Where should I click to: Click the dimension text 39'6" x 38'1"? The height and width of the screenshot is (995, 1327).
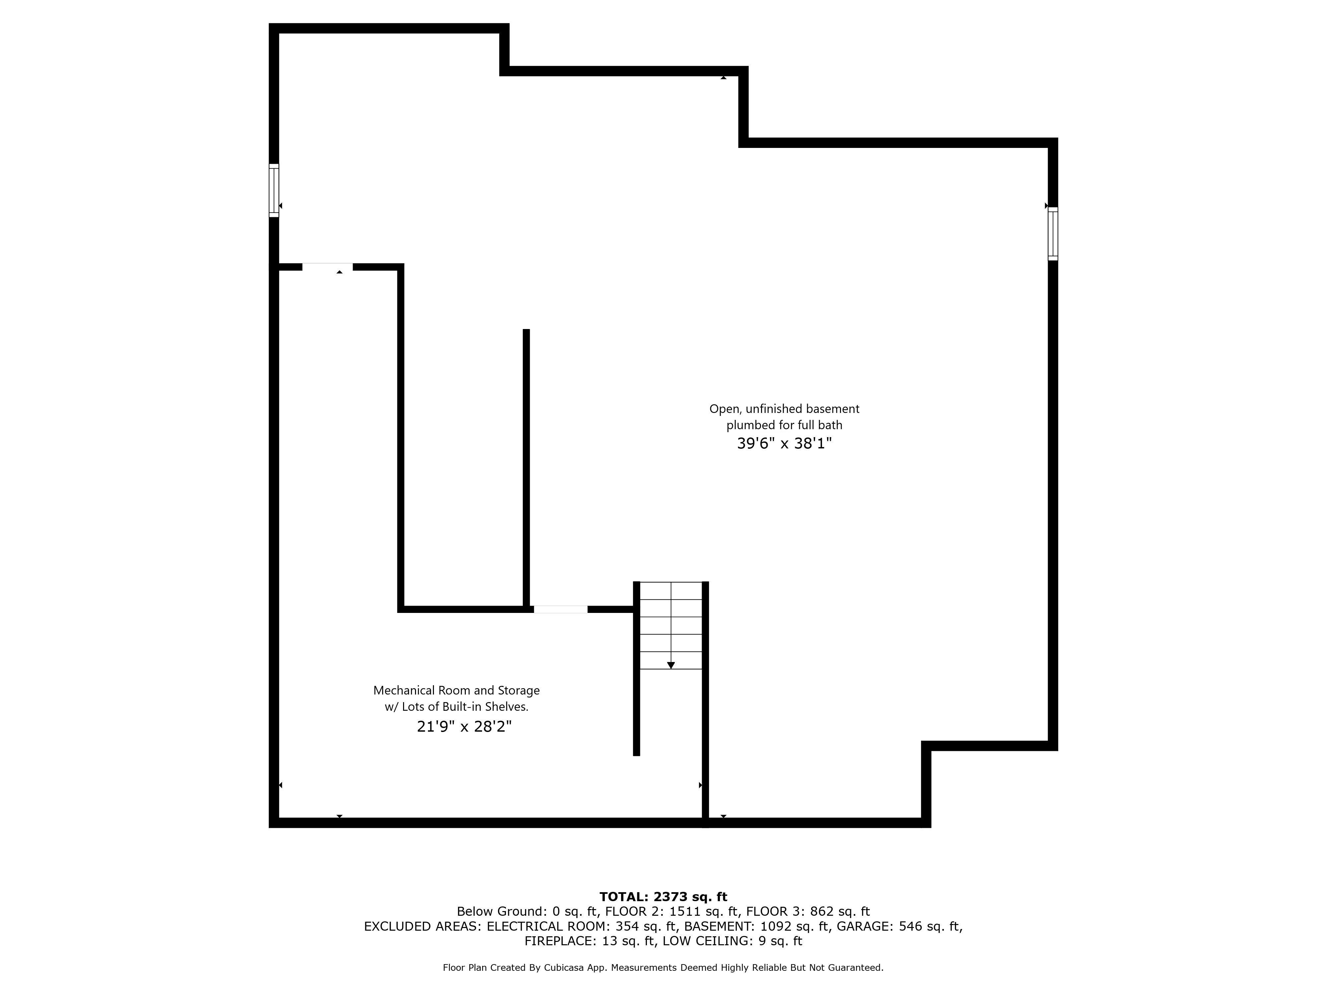coord(784,444)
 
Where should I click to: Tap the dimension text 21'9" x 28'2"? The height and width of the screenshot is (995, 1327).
coord(464,727)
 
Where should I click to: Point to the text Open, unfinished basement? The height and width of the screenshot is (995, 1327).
coord(784,409)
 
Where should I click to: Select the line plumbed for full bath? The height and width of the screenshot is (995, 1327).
coord(784,425)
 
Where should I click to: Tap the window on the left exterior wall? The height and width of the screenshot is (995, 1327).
coord(274,190)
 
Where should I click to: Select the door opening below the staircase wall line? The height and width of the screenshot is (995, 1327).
coord(560,609)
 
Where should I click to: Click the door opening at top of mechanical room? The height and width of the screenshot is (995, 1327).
coord(327,267)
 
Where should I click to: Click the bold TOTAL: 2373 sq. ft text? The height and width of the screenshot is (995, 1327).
coord(663,896)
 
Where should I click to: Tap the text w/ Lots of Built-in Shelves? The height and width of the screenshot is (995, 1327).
coord(456,707)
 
